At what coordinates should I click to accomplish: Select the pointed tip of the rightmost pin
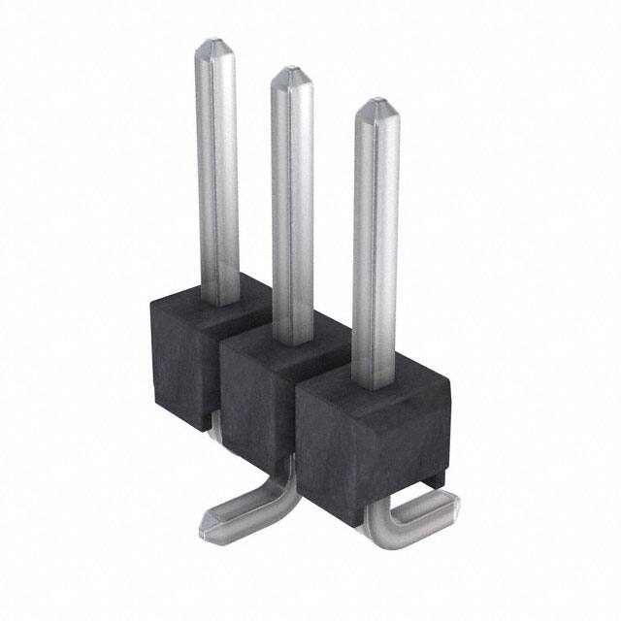tap(375, 105)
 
